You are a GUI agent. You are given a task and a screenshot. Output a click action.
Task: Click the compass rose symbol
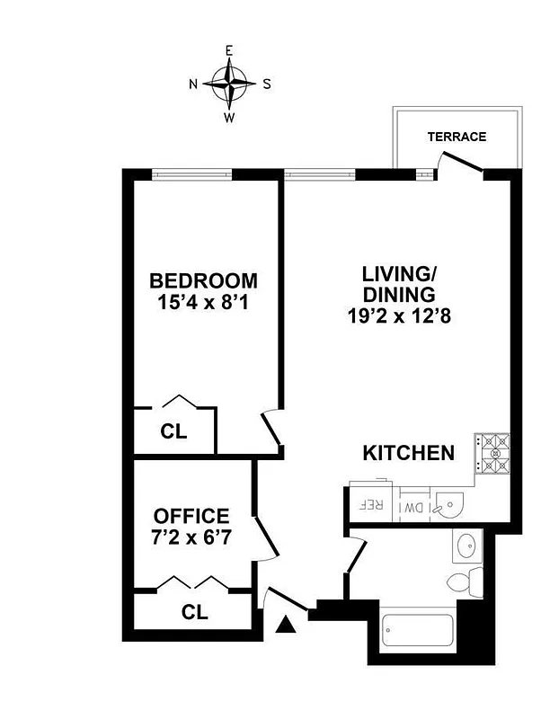(230, 84)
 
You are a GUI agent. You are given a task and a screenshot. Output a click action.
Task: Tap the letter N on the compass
(193, 84)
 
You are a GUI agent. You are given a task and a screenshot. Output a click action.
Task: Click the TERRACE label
(457, 137)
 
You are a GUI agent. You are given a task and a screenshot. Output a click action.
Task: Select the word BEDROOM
(203, 280)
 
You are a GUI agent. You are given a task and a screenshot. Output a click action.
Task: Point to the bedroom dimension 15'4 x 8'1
(203, 303)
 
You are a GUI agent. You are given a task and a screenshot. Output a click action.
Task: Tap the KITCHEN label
(408, 453)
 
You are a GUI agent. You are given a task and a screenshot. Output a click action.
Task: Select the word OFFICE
(191, 516)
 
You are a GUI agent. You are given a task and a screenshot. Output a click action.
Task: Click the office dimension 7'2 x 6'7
(191, 538)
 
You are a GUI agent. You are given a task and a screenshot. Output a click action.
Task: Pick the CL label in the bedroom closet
(173, 431)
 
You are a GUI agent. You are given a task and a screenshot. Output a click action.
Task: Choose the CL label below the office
(195, 613)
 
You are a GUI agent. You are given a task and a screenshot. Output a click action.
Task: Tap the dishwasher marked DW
(413, 506)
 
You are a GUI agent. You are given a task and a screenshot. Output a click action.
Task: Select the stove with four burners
(493, 454)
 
